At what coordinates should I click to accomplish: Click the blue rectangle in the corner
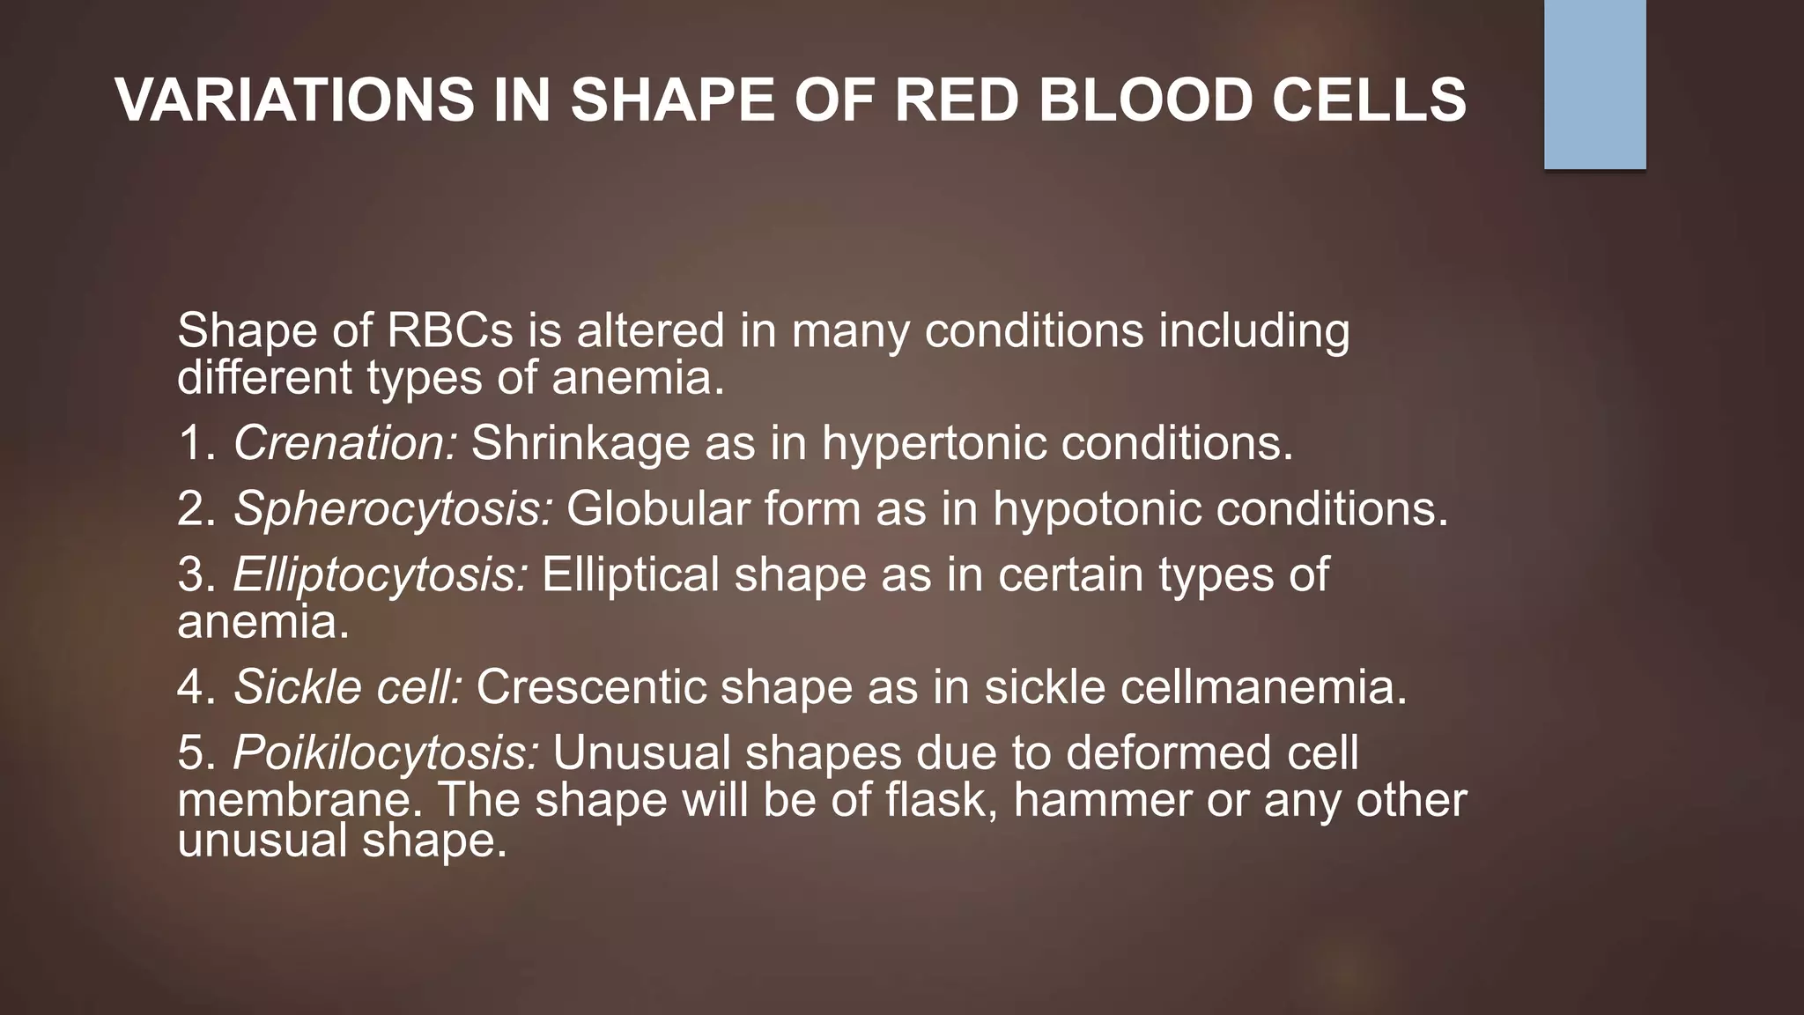(1594, 84)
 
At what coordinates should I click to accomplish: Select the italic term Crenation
(344, 442)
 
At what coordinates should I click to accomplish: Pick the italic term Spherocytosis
(393, 508)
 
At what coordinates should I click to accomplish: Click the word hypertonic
(934, 442)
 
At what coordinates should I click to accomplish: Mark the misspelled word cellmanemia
(1263, 686)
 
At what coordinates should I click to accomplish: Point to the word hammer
(1101, 800)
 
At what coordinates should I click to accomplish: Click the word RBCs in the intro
(449, 331)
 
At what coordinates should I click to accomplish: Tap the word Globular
(657, 508)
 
